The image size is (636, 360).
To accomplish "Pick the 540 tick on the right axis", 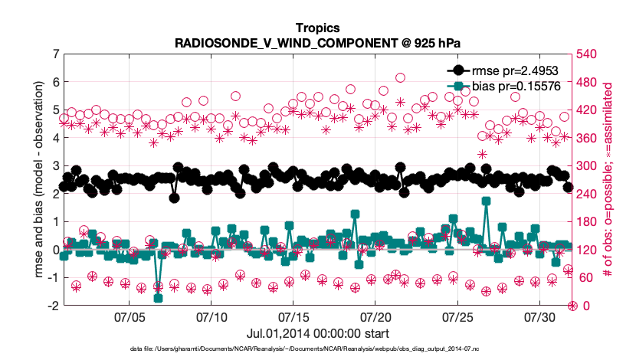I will point(587,54).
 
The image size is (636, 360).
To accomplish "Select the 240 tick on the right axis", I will point(587,194).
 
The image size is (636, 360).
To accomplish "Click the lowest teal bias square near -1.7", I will point(158,298).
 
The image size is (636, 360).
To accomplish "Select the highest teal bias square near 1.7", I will point(486,201).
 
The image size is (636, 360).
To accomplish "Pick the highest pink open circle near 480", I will point(400,78).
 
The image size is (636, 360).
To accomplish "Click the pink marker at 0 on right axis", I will point(572,306).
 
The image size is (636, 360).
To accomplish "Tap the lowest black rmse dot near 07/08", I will point(175,198).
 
